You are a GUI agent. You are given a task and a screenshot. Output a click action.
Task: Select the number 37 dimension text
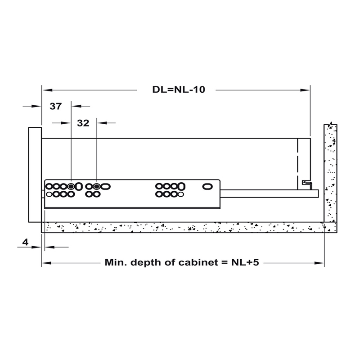coord(55,107)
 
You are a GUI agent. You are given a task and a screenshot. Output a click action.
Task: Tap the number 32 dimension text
coord(83,123)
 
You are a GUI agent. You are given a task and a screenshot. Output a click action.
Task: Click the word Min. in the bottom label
coord(115,262)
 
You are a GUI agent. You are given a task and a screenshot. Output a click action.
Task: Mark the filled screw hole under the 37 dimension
coord(71,186)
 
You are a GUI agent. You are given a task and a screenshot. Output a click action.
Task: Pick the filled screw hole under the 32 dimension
coord(96,186)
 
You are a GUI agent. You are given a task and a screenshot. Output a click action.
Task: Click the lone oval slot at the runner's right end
coord(208,186)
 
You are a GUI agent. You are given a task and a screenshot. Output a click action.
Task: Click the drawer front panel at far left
coord(35,175)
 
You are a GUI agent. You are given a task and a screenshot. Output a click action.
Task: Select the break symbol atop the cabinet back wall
coord(330,125)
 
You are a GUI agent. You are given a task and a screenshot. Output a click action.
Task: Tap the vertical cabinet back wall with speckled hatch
coord(330,175)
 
